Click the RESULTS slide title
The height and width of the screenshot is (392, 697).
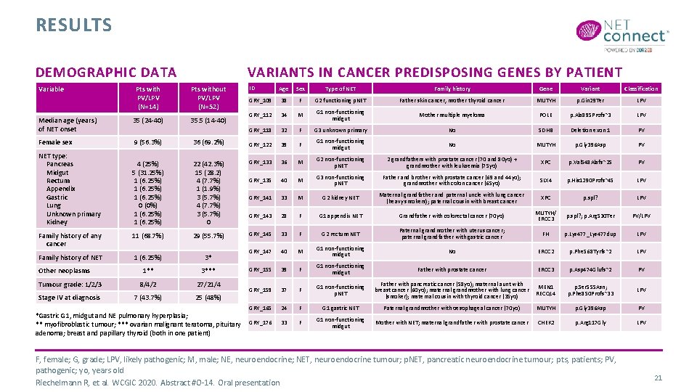click(x=74, y=25)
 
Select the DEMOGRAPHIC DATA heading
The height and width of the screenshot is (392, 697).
click(x=106, y=72)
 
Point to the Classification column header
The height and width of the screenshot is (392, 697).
click(x=641, y=89)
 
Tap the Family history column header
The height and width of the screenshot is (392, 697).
click(x=452, y=89)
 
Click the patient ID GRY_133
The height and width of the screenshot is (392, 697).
click(x=261, y=163)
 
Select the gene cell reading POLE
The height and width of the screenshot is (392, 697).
click(x=545, y=115)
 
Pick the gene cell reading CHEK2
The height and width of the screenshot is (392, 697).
click(x=545, y=322)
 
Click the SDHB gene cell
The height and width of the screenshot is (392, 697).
click(x=545, y=131)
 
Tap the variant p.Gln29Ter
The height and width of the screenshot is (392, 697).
click(x=590, y=100)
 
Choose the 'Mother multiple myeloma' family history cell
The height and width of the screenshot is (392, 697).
click(x=452, y=115)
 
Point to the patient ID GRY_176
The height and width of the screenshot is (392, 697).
click(x=261, y=322)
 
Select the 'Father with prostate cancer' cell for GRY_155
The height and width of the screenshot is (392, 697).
click(x=452, y=269)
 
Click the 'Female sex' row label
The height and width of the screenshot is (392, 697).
click(x=55, y=142)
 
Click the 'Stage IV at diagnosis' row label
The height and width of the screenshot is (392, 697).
click(x=70, y=298)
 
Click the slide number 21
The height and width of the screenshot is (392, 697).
click(x=659, y=377)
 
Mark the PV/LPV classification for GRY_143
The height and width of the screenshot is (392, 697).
click(x=641, y=216)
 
